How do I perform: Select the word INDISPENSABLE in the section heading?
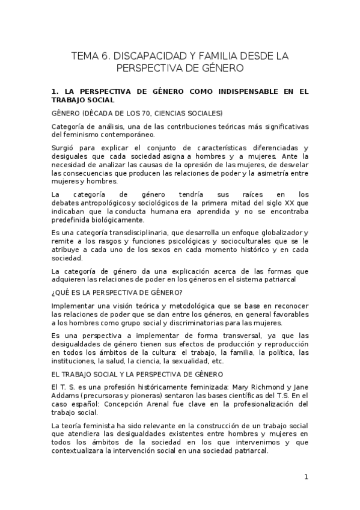234,91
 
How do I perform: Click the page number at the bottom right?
306,478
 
